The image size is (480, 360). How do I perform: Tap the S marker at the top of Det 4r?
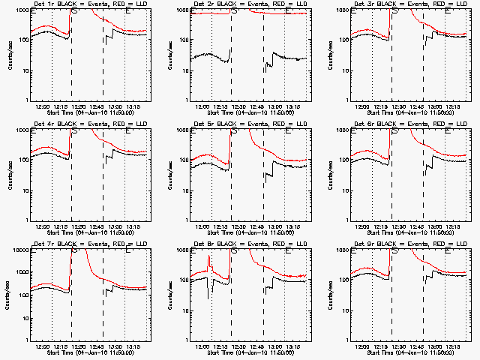[74, 130]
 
